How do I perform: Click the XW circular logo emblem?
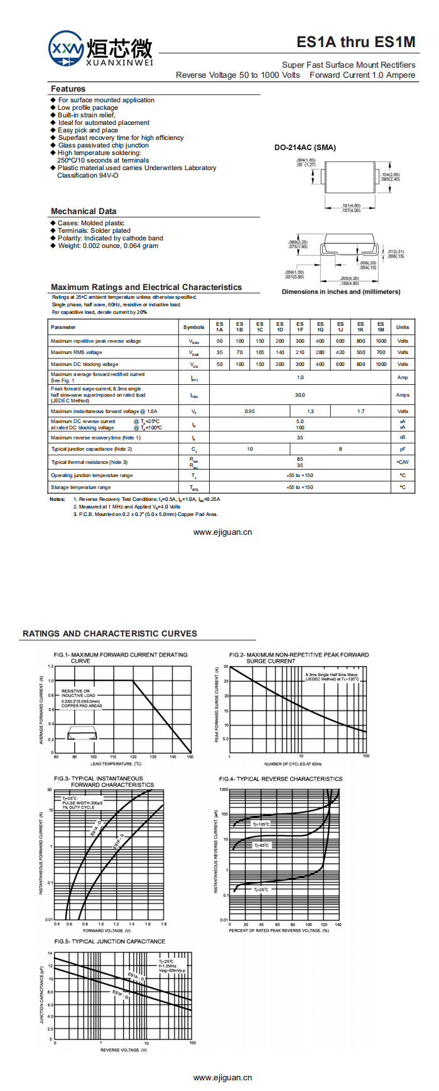[66, 48]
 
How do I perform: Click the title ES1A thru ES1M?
[355, 42]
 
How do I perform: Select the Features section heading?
[68, 89]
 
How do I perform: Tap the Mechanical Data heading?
[84, 212]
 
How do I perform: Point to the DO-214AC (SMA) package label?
[305, 148]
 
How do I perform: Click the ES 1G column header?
[320, 327]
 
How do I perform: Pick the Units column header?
[403, 327]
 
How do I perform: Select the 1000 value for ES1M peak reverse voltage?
[381, 341]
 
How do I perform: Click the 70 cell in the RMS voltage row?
[240, 352]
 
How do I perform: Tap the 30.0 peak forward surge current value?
[300, 395]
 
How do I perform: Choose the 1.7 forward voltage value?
[360, 411]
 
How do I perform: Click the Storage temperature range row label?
[80, 487]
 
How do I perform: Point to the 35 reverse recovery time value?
[300, 438]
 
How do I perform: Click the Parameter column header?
[63, 327]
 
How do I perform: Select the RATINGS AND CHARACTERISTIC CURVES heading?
[110, 633]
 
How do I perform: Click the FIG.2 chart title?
[299, 658]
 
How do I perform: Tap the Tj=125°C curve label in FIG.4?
[261, 824]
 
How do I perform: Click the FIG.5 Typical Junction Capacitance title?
[110, 942]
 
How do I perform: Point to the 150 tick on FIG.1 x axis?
[190, 757]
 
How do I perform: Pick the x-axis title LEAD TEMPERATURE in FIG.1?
[116, 764]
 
